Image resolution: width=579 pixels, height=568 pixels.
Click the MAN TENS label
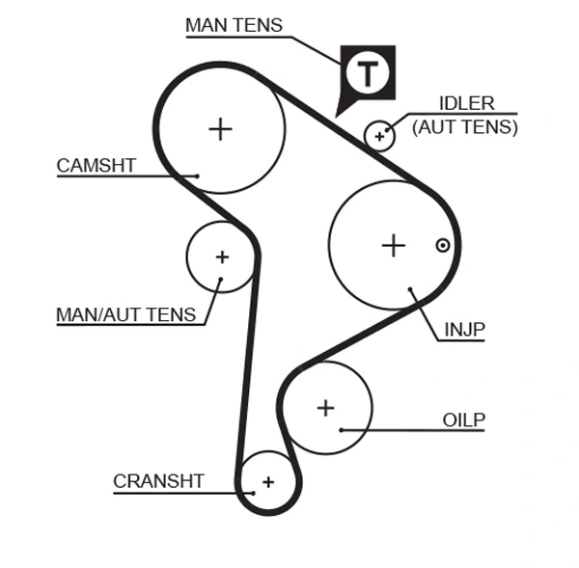pos(234,25)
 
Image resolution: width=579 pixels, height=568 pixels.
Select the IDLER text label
pos(466,103)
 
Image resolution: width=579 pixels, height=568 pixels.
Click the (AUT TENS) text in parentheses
pos(465,126)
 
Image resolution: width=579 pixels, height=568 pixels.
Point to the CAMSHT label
pos(96,165)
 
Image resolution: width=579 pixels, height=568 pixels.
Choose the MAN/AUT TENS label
pos(125,314)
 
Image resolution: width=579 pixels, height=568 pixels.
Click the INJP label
pos(464,330)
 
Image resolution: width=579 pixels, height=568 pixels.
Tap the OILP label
pos(463,420)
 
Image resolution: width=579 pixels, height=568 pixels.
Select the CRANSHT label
pos(158,481)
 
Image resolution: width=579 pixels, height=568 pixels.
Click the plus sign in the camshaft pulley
pos(221,128)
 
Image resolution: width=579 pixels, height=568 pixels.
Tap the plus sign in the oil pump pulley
pos(325,408)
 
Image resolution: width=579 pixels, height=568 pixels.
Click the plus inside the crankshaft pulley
pos(268,481)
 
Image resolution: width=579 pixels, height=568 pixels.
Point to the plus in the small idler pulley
pos(380,136)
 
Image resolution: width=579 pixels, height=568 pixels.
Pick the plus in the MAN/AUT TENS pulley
pos(222,257)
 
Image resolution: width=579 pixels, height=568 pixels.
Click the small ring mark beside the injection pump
pos(443,245)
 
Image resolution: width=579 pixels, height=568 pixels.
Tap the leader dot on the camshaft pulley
pos(197,176)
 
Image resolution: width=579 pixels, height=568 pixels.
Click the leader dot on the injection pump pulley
pos(411,289)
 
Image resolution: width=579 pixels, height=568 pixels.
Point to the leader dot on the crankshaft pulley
pos(253,492)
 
